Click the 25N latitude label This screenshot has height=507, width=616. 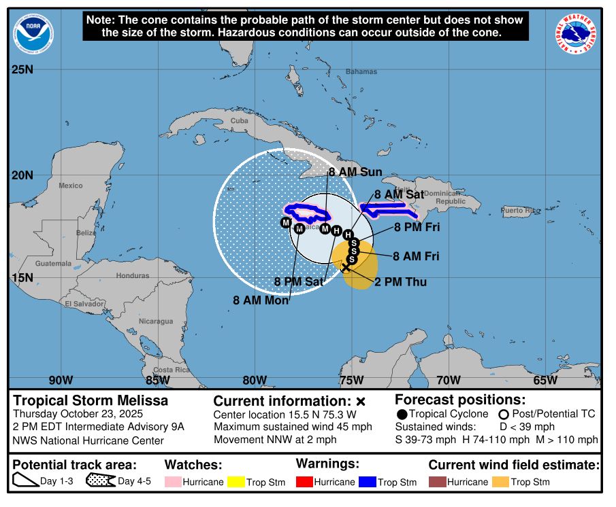click(22, 69)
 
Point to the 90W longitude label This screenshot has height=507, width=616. click(61, 380)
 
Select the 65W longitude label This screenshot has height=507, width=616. click(545, 380)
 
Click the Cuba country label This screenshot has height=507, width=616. click(240, 120)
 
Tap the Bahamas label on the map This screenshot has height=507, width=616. click(361, 71)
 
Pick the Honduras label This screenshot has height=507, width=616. click(133, 275)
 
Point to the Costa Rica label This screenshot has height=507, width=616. click(172, 370)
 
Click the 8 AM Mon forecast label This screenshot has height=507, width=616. click(261, 300)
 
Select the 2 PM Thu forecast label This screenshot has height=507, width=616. click(401, 281)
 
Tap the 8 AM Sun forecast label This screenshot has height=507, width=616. click(355, 172)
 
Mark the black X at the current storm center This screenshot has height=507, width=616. click(346, 268)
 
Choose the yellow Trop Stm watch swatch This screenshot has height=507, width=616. click(238, 482)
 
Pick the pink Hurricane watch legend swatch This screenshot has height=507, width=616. click(174, 482)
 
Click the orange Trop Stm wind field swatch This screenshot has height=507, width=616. click(500, 482)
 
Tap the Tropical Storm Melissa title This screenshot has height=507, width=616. click(91, 401)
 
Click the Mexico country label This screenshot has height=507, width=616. click(70, 186)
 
